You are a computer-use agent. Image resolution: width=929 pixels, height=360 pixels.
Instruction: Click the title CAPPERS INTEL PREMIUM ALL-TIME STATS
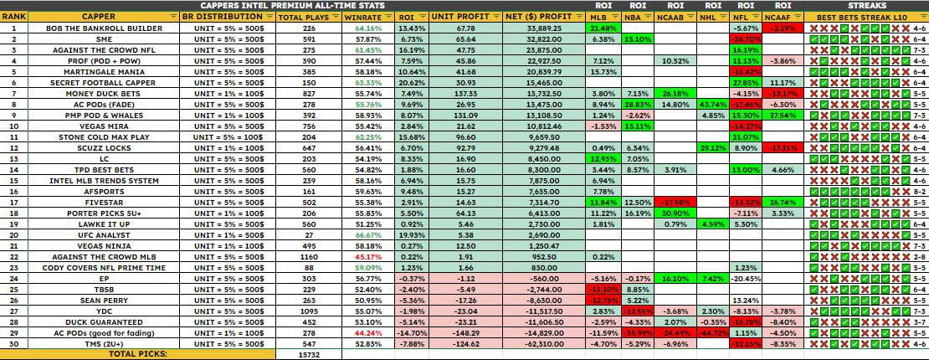[x=275, y=4]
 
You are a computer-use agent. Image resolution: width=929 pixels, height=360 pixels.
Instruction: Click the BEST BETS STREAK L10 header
[x=863, y=17]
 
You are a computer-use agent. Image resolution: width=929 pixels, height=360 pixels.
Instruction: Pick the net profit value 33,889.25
[x=543, y=28]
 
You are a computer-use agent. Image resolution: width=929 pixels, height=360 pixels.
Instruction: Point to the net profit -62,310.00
[x=543, y=344]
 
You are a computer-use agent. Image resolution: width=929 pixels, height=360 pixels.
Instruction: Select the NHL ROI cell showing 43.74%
[x=713, y=105]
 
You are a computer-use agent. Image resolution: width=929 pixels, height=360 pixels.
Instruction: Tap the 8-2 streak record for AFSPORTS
[x=918, y=192]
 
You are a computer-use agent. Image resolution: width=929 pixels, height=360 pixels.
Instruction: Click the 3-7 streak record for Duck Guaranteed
[x=918, y=322]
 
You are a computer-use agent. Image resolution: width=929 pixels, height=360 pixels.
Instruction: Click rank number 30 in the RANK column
[x=14, y=344]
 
